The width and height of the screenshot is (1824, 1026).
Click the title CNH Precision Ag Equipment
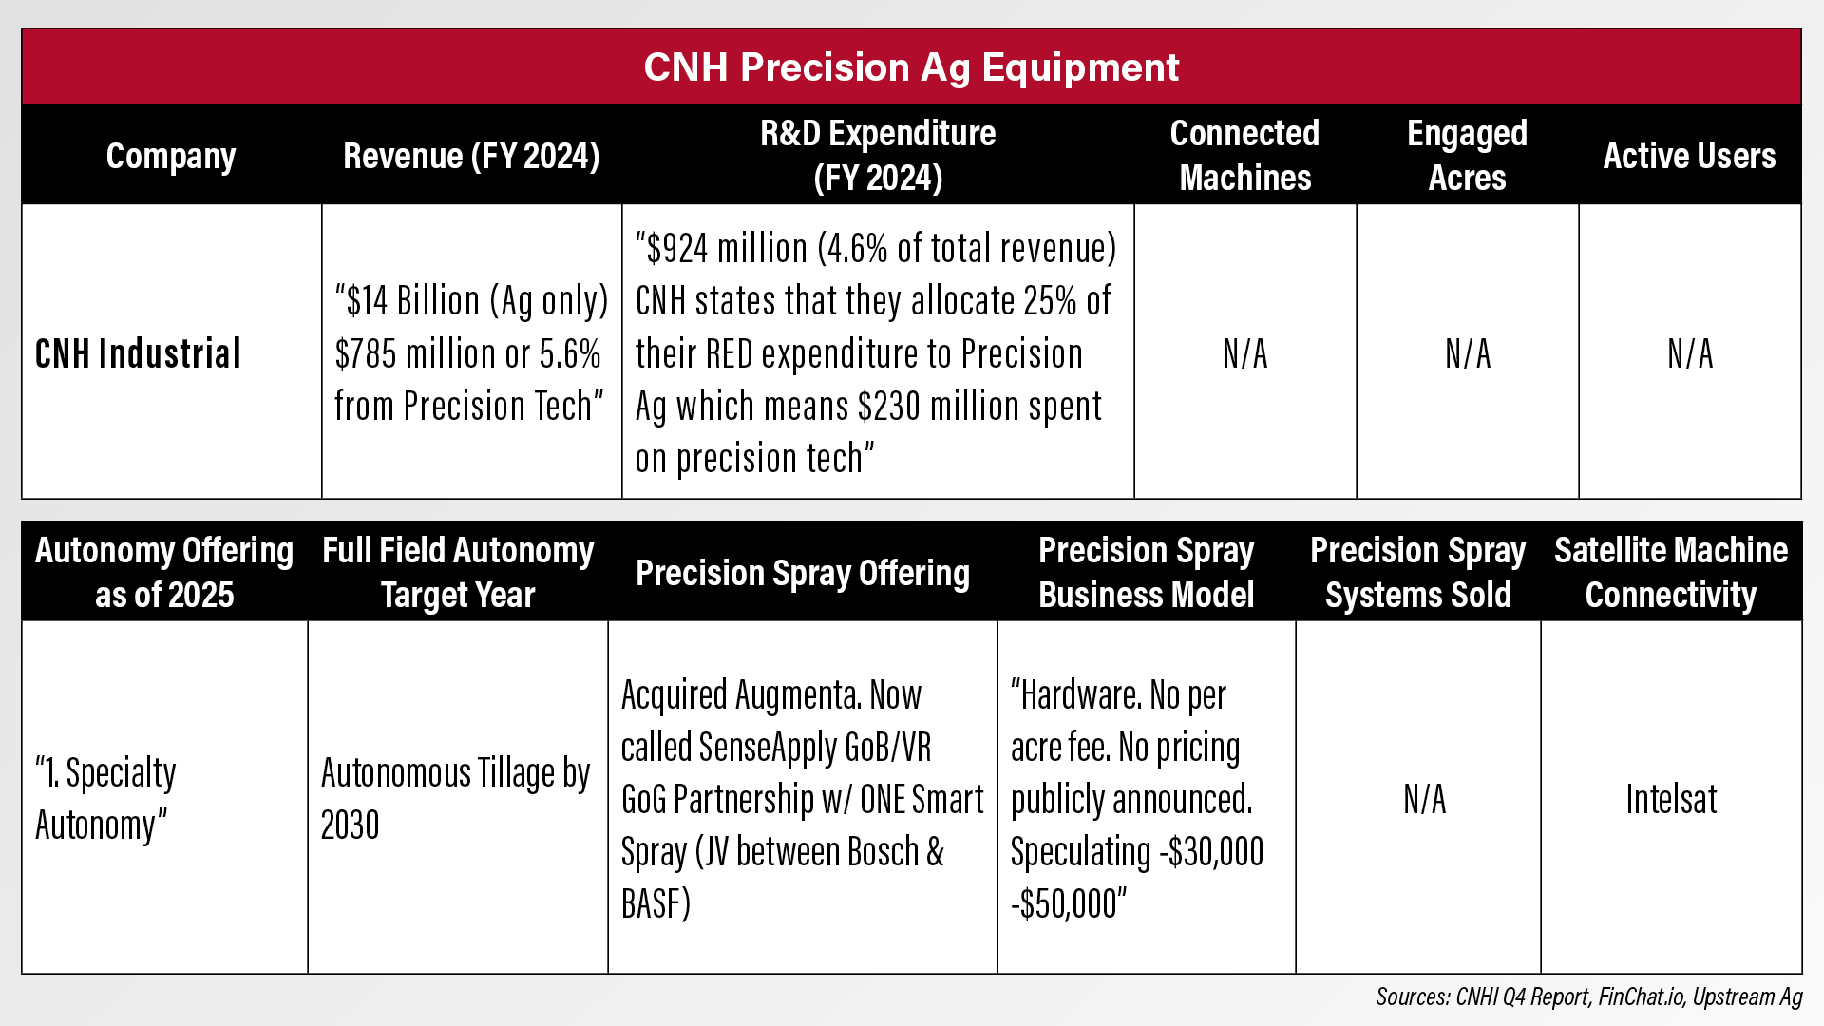[x=911, y=67]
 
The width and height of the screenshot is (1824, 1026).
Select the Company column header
[x=171, y=156]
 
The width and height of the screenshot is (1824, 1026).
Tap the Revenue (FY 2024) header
[x=471, y=156]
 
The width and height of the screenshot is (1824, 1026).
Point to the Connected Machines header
[x=1244, y=155]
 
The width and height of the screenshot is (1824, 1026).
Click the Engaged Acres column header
[x=1467, y=155]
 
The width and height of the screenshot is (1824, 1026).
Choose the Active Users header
[x=1689, y=156]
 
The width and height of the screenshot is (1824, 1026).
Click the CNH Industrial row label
[x=139, y=353]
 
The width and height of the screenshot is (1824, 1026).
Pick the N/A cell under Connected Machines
[x=1245, y=354]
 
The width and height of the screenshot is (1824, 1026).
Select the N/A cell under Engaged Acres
[x=1468, y=354]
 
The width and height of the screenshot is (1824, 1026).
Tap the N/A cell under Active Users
[x=1690, y=354]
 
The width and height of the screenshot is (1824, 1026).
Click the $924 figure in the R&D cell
[x=677, y=249]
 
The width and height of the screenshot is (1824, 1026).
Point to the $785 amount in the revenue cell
[x=366, y=354]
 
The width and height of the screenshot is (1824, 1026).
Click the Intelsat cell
[x=1671, y=800]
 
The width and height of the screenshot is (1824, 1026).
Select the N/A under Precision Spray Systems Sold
[x=1424, y=800]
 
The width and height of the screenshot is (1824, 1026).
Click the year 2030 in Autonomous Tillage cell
[x=351, y=826]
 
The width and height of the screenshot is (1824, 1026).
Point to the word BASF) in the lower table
[x=656, y=904]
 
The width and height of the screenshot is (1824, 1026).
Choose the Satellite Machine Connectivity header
[x=1671, y=572]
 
